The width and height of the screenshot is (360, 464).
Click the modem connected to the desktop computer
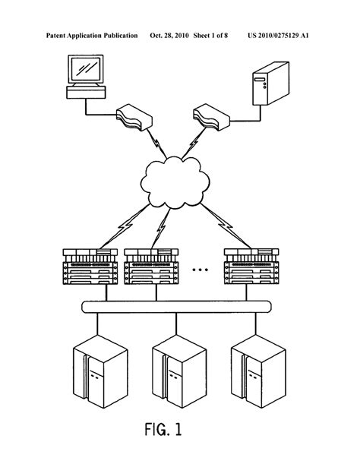(134, 117)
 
